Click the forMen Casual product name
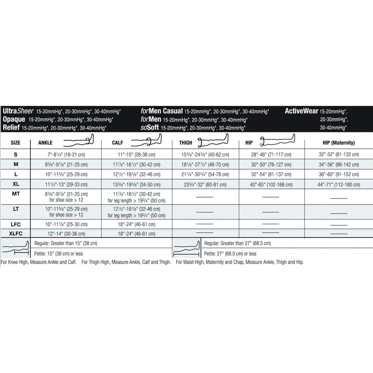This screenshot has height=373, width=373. click(162, 111)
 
